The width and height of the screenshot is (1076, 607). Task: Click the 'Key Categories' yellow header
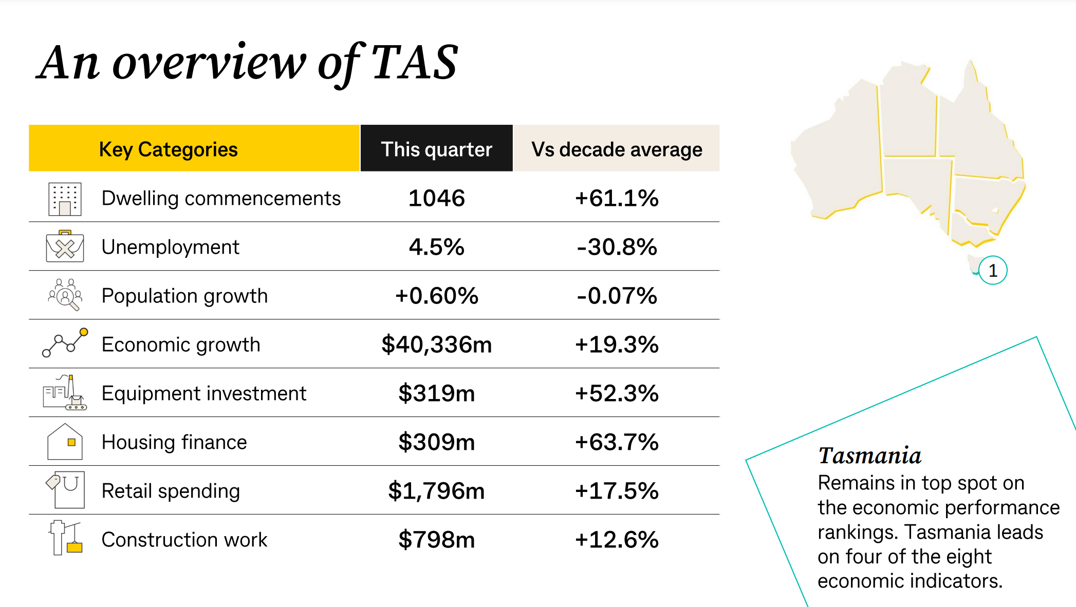[x=168, y=149]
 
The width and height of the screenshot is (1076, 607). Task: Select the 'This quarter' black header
[x=436, y=149]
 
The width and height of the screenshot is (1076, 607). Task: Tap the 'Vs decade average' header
[x=616, y=149]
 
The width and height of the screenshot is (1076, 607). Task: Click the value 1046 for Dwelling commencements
[x=436, y=198]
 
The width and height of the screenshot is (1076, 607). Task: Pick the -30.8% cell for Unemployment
[x=616, y=247]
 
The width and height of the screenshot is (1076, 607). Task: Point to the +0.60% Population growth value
[x=436, y=296]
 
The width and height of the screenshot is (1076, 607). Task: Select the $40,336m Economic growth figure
[x=436, y=345]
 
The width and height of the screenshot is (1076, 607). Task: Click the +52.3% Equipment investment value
[x=616, y=393]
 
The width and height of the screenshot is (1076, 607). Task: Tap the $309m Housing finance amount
[x=436, y=442]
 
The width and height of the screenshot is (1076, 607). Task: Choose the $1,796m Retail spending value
[x=436, y=491]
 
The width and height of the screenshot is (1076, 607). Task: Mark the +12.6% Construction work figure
[x=616, y=540]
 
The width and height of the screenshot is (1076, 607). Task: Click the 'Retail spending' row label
[x=171, y=491]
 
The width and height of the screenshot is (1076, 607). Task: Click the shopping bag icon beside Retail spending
[x=66, y=490]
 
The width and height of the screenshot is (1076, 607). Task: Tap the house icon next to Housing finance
[x=65, y=442]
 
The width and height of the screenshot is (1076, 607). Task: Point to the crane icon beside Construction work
[x=65, y=538]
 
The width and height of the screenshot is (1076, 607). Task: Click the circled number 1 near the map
[x=992, y=270]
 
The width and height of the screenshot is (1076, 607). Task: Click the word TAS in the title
[x=414, y=63]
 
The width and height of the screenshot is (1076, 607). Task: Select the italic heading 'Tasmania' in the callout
[x=869, y=456]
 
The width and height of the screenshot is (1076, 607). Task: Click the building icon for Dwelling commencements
[x=65, y=199]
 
